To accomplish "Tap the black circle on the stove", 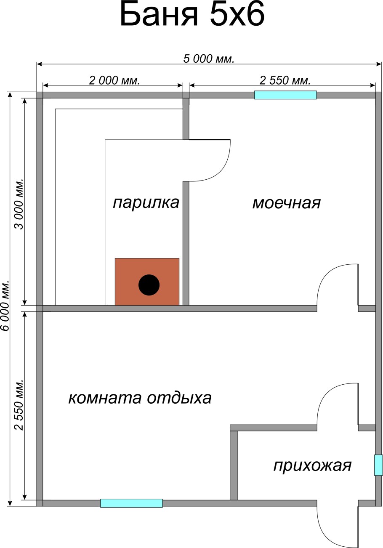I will tap(149, 285).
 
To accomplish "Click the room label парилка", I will tap(146, 203).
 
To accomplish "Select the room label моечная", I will tap(287, 203).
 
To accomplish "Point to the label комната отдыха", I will tap(140, 398).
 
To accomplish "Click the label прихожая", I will tap(312, 466).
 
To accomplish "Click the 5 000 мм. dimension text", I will tap(209, 59).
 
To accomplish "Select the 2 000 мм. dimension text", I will tap(114, 80).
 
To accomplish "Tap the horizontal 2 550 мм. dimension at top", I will tap(285, 80).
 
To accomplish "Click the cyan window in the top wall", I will tap(285, 95).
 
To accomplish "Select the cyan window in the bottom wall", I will tap(131, 503).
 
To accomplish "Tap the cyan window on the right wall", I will tap(378, 465).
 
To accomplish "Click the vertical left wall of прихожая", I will tap(234, 463).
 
